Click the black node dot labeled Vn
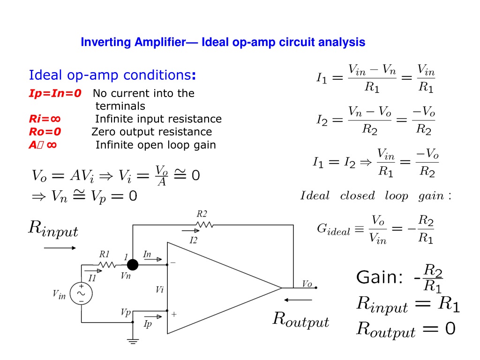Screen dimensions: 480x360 [133, 265]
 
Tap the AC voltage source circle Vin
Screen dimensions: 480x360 [81, 293]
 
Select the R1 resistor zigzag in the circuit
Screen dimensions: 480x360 [107, 265]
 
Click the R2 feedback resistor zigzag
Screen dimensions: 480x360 [204, 225]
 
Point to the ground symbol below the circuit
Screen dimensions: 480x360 [133, 341]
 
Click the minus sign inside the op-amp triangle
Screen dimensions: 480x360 [173, 262]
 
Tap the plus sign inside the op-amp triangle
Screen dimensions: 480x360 [174, 314]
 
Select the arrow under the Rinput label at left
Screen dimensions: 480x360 [60, 248]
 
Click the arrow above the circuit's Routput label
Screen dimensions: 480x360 [298, 300]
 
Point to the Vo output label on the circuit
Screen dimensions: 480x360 [307, 284]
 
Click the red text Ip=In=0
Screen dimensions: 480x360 [55, 93]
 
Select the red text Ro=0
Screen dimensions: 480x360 [45, 132]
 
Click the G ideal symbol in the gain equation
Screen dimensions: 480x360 [333, 229]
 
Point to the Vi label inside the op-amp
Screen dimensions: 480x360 [159, 290]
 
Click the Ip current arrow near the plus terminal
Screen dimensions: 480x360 [153, 316]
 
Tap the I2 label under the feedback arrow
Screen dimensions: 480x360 [193, 240]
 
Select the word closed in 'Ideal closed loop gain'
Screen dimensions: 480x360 [357, 195]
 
